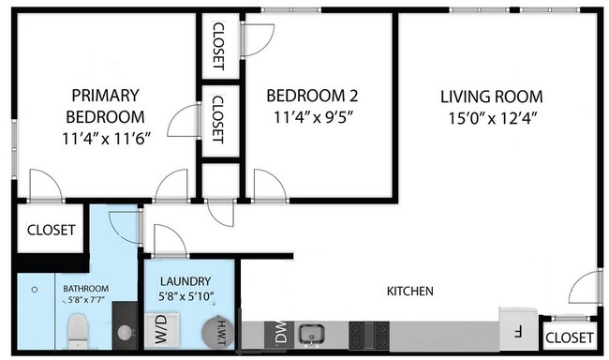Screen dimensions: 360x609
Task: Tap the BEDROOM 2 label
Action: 313,96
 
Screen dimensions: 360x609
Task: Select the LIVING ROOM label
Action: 492,97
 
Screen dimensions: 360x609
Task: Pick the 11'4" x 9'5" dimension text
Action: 313,118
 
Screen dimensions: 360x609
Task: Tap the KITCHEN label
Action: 410,292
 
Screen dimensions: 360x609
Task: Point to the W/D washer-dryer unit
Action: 159,329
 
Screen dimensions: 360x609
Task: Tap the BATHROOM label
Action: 86,288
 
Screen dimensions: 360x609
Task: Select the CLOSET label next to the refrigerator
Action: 570,337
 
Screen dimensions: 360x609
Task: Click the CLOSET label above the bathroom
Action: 51,230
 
